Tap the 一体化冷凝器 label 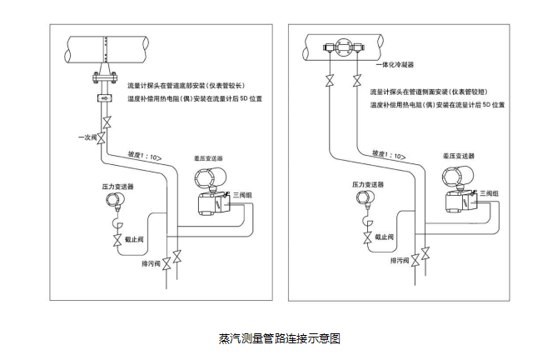(x=395, y=63)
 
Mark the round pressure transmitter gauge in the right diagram (x=365, y=198)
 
